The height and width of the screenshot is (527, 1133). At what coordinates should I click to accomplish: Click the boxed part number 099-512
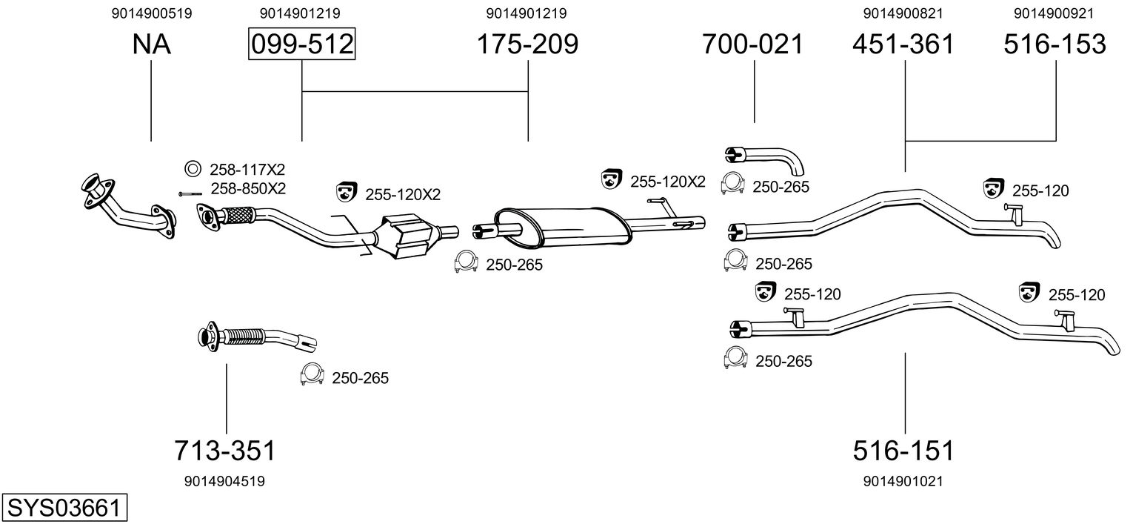click(301, 44)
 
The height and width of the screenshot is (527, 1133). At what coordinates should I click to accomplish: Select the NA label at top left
click(151, 44)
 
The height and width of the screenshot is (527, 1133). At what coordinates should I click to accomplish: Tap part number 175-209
click(527, 44)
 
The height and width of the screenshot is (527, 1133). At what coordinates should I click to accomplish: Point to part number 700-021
click(752, 44)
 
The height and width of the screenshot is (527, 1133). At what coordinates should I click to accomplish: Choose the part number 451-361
click(903, 44)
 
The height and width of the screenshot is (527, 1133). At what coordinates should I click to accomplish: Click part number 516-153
click(1055, 44)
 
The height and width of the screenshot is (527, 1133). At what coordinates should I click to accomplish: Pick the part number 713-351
click(225, 451)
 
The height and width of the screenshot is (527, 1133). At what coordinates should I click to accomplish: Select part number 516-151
click(903, 451)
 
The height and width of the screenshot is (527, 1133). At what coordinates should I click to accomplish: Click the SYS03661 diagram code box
click(64, 507)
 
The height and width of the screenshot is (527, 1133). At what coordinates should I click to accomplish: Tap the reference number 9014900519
click(152, 13)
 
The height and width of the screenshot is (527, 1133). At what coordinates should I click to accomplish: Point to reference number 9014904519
click(224, 481)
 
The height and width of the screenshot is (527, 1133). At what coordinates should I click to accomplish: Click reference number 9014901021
click(903, 481)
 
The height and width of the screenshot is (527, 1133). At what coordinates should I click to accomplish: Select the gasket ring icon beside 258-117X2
click(193, 168)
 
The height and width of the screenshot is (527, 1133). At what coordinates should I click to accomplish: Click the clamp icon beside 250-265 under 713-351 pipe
click(312, 374)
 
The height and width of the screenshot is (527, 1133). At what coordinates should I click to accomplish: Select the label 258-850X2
click(248, 189)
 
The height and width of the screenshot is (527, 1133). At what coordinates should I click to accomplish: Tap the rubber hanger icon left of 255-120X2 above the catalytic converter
click(347, 192)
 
